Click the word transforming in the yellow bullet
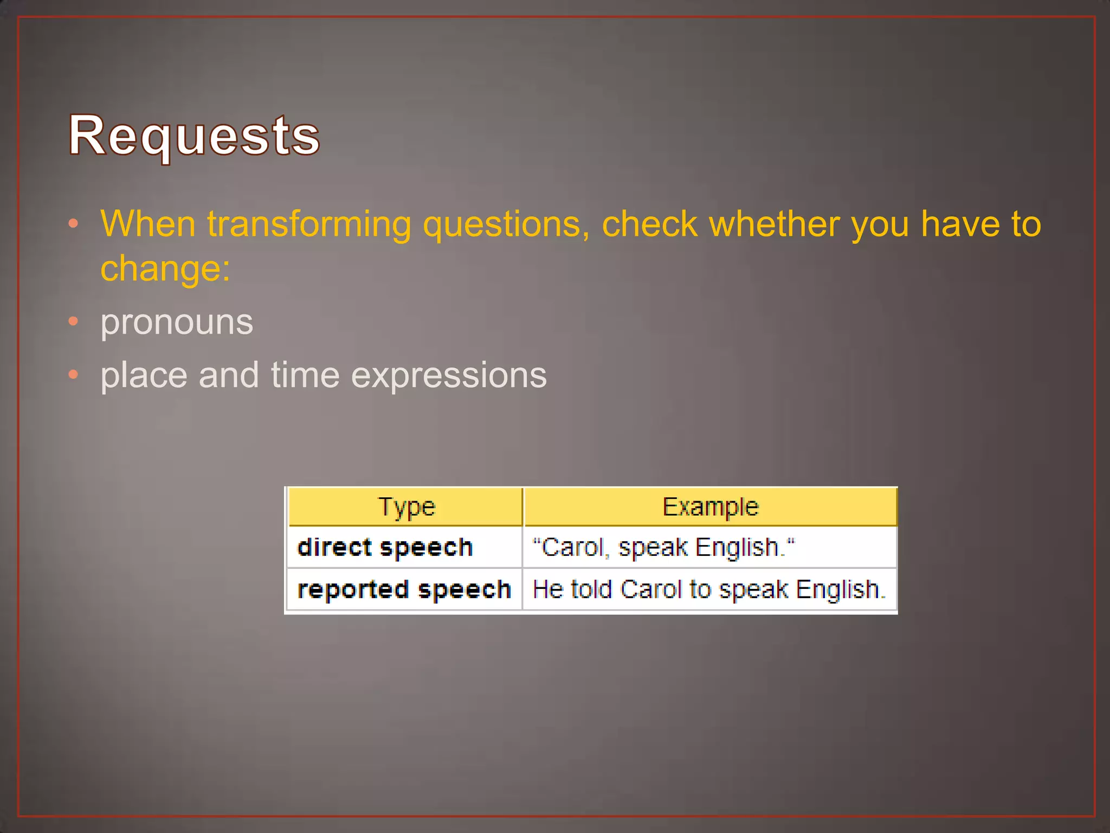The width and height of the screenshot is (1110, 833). coord(309,224)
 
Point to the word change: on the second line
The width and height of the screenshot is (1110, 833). coord(165,268)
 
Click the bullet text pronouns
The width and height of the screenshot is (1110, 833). coord(177,322)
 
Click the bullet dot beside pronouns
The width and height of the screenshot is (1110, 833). coord(74,322)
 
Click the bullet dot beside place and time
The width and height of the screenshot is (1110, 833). coord(74,375)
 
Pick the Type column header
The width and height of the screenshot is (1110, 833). coord(406,507)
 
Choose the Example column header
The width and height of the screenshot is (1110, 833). coord(710,507)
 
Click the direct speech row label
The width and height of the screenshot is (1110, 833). coord(385,547)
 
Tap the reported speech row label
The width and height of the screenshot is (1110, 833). coord(404,589)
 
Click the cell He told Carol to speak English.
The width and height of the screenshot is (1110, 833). coord(708,589)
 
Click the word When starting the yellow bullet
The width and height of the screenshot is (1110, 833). coord(147,224)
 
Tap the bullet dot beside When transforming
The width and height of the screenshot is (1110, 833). coord(74,223)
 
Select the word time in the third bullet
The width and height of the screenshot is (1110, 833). coord(305,375)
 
